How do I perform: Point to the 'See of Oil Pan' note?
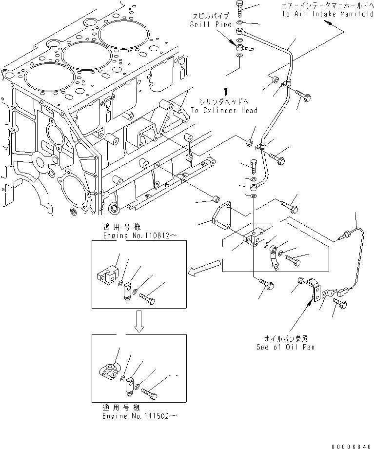tap(285, 347)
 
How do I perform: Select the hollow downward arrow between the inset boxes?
tap(139, 323)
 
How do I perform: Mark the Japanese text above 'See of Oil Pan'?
tap(286, 337)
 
